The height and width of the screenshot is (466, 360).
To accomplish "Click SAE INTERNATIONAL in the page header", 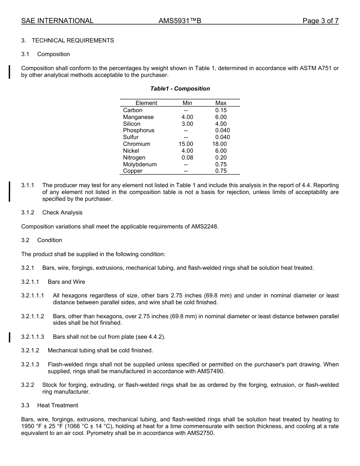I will pos(57,21).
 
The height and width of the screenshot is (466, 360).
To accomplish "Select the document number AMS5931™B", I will pos(180,21).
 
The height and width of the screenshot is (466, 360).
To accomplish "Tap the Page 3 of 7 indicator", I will pos(320,21).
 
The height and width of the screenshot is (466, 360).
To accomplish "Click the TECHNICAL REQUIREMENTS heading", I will pos(73,41).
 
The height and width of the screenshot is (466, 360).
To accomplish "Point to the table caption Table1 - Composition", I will pos(180,89).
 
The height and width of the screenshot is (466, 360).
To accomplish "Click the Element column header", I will pos(146,103).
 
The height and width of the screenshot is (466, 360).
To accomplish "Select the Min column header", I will pos(187,103).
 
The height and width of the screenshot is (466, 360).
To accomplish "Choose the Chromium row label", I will pos(136,144).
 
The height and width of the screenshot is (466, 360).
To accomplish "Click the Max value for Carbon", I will pos(221,110).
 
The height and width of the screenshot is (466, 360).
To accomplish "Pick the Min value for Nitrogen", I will pos(187,158).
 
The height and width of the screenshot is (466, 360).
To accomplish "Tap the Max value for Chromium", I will pos(219,144).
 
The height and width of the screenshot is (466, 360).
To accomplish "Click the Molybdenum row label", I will pos(140,164).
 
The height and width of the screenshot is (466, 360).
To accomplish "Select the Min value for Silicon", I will pos(187,124).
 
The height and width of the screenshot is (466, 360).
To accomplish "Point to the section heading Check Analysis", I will pos(62,213).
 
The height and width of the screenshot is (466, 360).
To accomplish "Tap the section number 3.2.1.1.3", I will pos(33,337).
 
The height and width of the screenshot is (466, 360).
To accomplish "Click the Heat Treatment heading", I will pos(58,405).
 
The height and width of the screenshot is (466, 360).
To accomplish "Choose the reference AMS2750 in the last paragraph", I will pos(200,433).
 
